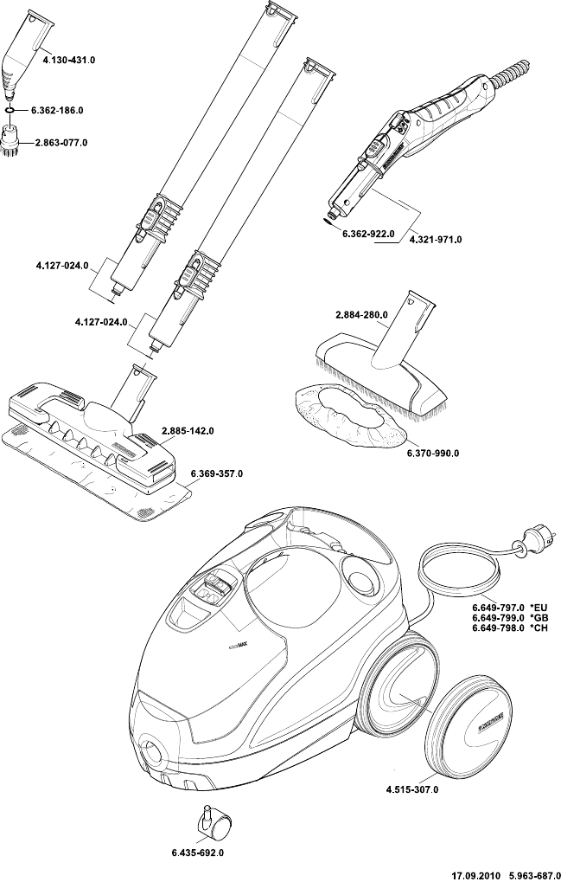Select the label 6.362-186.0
click(x=57, y=112)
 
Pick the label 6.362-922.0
click(x=367, y=235)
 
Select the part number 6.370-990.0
click(x=433, y=453)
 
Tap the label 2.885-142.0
click(x=188, y=430)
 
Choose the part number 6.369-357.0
click(x=216, y=473)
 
